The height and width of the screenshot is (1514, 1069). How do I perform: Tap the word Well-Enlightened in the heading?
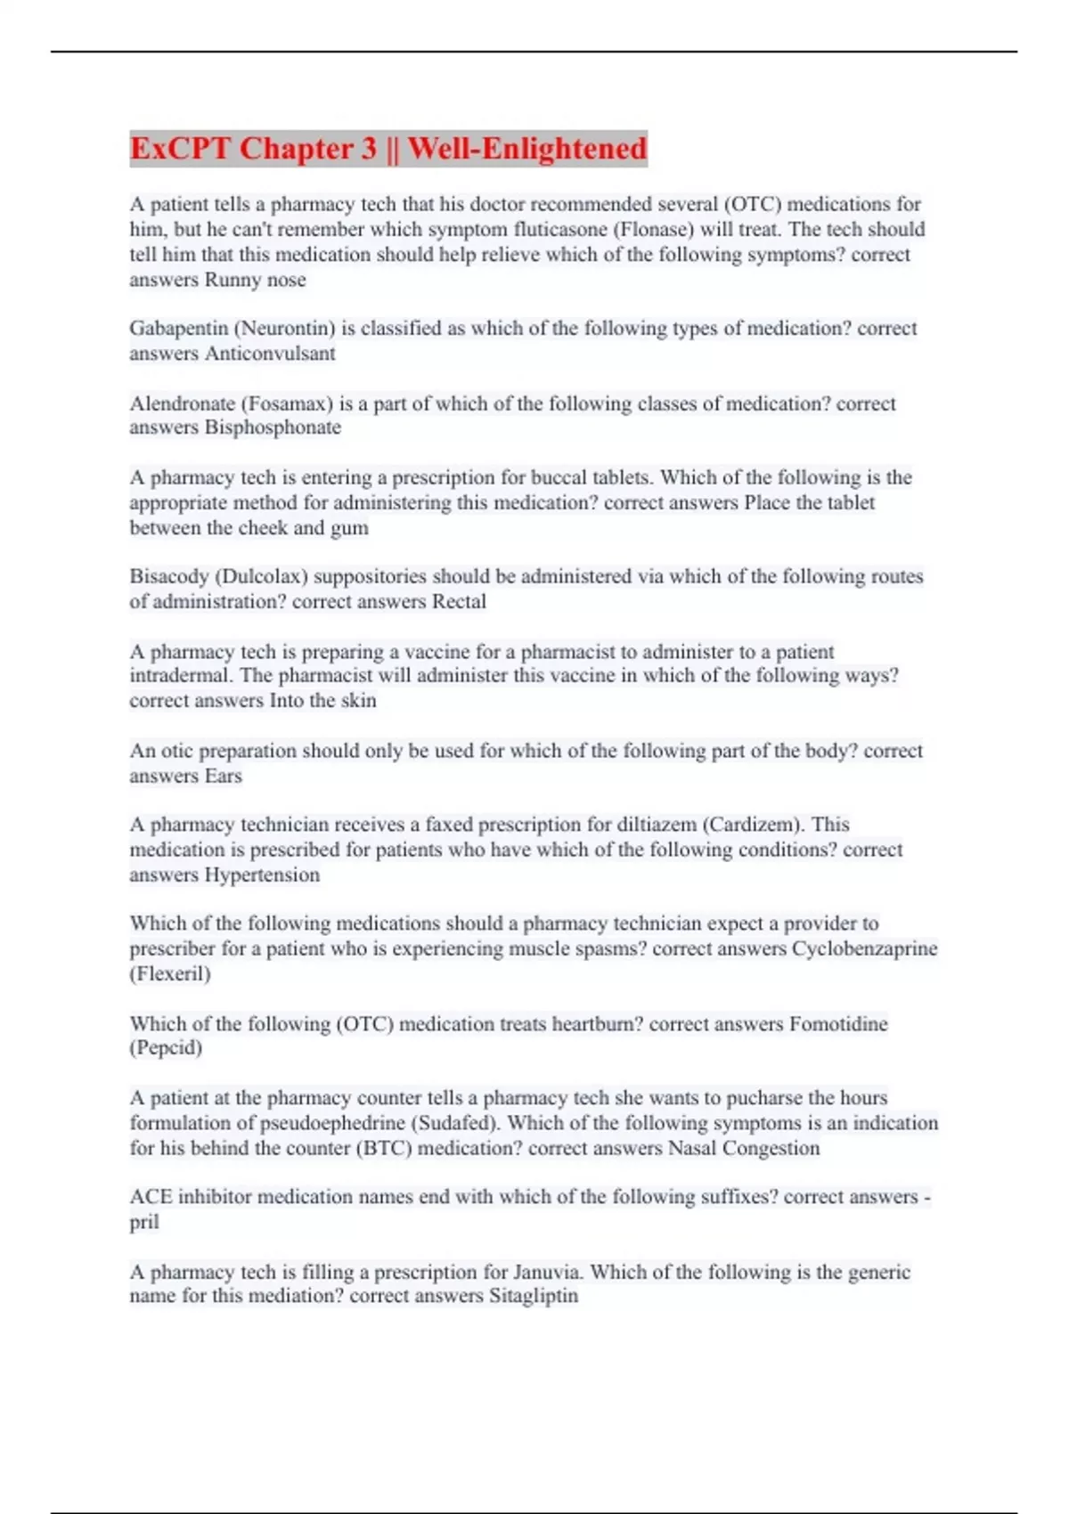(x=527, y=148)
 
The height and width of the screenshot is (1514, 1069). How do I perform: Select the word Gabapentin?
(x=178, y=329)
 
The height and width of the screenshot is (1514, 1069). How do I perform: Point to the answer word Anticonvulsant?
(x=270, y=354)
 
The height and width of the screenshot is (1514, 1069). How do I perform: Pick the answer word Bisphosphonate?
(x=273, y=427)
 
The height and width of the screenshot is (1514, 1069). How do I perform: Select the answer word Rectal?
(x=459, y=601)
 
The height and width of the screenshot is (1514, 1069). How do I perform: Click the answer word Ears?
(x=223, y=776)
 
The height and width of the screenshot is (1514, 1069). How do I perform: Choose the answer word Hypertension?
(x=262, y=875)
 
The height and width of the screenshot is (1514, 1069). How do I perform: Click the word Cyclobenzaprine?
(x=864, y=948)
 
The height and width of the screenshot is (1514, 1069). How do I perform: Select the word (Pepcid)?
(x=166, y=1047)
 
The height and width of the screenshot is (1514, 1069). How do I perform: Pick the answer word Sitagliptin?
(x=534, y=1296)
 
